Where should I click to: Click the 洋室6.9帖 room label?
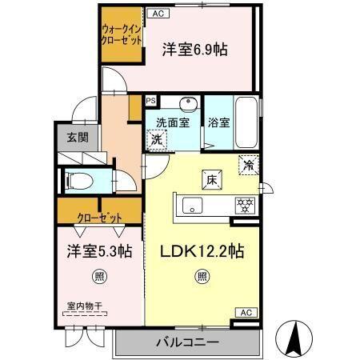(194, 49)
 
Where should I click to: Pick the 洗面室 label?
(171, 123)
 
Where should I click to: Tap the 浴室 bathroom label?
(219, 123)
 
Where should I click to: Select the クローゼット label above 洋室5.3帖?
(100, 218)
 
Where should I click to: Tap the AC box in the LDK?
(246, 312)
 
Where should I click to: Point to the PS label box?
(150, 101)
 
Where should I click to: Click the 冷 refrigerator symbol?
(250, 166)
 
